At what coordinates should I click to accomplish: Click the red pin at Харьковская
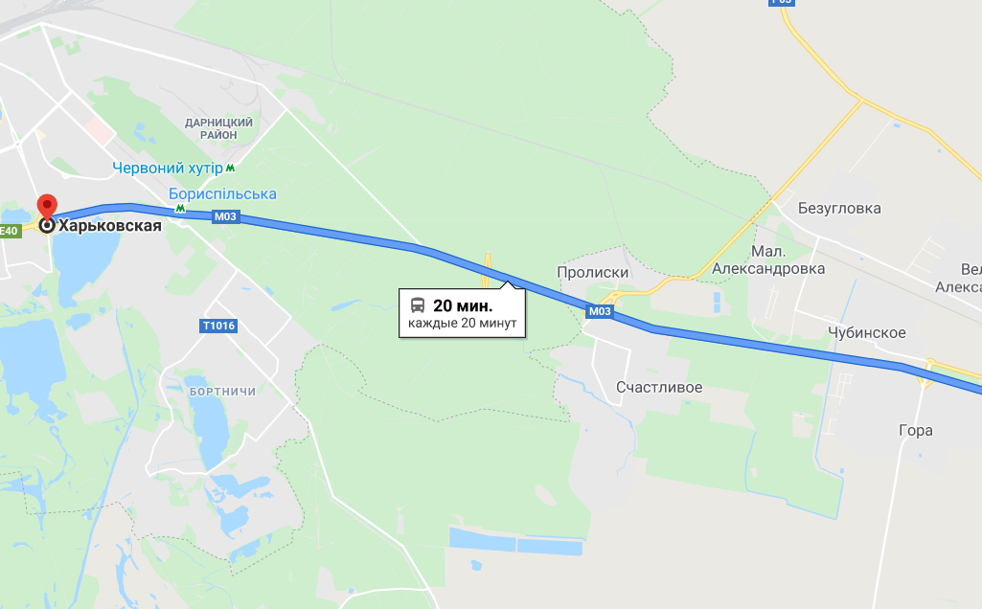click(46, 206)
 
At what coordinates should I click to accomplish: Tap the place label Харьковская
click(109, 227)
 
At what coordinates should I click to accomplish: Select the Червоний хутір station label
click(167, 169)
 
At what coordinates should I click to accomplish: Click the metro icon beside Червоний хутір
click(231, 169)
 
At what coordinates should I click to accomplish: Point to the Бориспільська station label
click(222, 194)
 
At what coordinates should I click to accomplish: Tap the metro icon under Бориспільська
click(180, 208)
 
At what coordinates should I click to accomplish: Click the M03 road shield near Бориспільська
click(225, 217)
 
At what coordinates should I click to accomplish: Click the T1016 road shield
click(218, 327)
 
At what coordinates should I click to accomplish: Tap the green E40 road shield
click(10, 231)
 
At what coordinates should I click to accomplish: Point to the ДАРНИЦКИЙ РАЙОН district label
click(218, 128)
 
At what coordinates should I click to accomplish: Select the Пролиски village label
click(592, 272)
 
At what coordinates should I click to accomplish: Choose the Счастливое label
click(659, 388)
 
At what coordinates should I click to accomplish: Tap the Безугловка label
click(838, 207)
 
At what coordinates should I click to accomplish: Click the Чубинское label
click(866, 332)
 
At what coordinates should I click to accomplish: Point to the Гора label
click(916, 431)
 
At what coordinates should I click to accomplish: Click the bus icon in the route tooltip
click(418, 305)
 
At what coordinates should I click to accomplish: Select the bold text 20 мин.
click(463, 305)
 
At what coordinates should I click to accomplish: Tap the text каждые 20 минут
click(462, 324)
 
